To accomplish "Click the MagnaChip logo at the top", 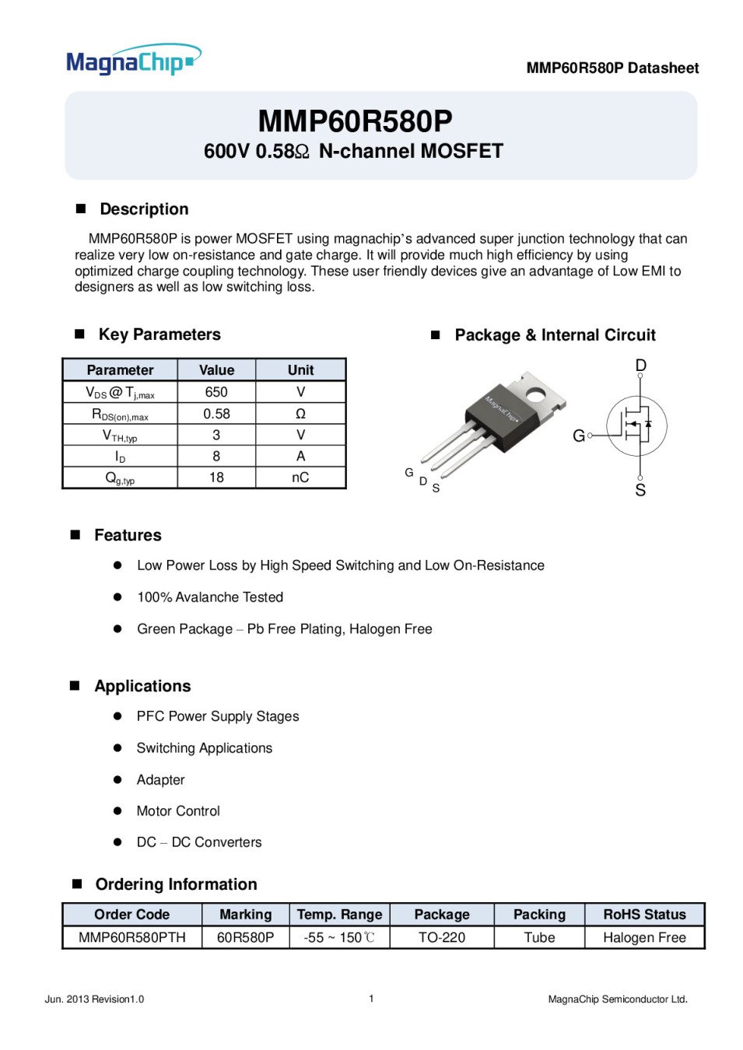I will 133,61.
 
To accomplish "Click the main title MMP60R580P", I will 355,121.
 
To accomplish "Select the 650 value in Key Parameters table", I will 216,392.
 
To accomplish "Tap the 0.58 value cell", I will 216,414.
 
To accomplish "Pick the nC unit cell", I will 300,478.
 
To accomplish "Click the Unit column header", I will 300,370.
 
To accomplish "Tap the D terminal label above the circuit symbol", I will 641,366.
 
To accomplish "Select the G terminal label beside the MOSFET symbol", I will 579,436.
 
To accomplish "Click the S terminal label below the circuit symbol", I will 640,490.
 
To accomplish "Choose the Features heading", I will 128,535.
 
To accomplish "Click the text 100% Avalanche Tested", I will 210,597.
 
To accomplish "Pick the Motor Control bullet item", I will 178,811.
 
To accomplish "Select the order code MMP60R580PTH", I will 132,937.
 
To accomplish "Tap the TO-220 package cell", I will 442,937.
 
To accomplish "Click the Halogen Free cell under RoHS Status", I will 644,937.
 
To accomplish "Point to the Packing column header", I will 539,915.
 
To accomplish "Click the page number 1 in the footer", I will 371,999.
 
